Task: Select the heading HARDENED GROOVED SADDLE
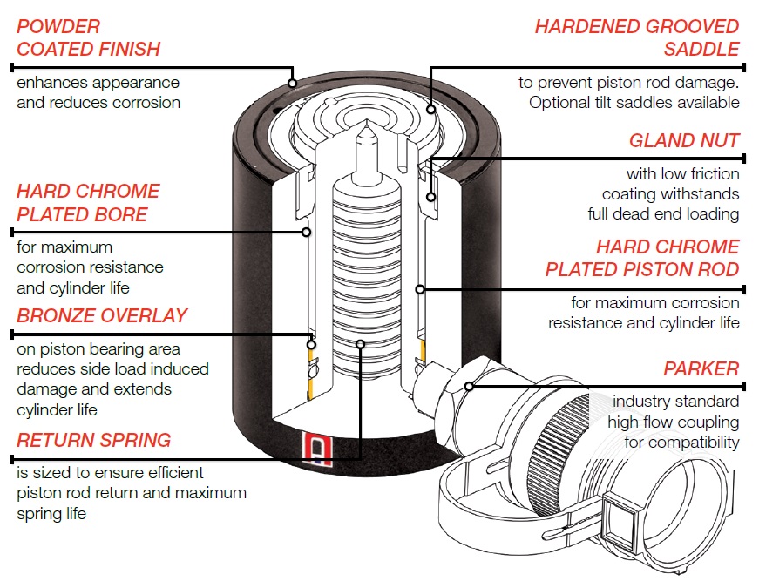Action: tap(637, 37)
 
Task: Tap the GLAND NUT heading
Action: tap(684, 140)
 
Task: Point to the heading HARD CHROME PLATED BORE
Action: tap(87, 202)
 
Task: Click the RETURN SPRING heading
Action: tap(93, 439)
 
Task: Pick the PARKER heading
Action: tap(701, 368)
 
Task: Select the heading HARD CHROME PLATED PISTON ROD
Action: tap(642, 258)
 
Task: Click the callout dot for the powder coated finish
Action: tap(293, 84)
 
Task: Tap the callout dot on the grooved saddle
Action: tap(432, 110)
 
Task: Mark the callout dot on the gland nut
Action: tap(430, 198)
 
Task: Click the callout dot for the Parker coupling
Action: tap(469, 385)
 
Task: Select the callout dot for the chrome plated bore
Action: tap(306, 232)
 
